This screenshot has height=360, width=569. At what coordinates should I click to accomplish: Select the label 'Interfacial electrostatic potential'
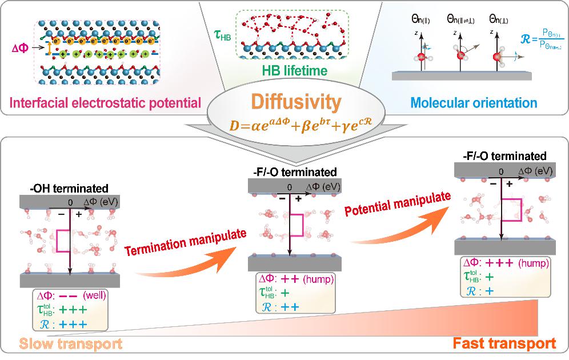(x=103, y=103)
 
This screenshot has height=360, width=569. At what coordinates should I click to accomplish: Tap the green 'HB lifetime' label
(x=294, y=71)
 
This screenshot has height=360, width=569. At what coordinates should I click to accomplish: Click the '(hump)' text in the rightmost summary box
(x=534, y=264)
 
